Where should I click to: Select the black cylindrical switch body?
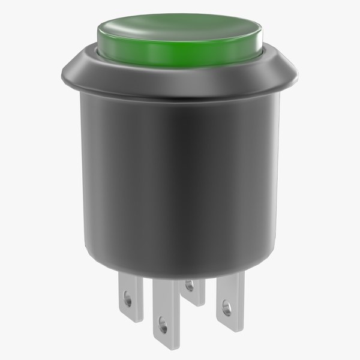tap(180, 180)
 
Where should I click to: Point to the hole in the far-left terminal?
tap(127, 296)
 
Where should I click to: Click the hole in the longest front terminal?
tap(161, 328)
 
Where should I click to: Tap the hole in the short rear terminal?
tap(190, 287)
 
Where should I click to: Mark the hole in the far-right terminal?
tap(226, 310)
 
